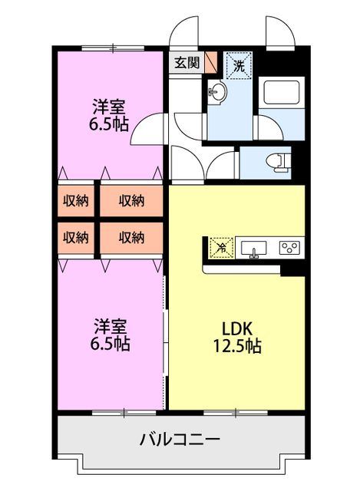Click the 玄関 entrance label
click(185, 63)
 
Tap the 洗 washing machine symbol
click(239, 66)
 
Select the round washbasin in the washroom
click(218, 94)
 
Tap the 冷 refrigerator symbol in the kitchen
click(221, 247)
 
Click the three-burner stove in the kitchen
click(291, 247)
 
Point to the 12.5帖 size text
click(237, 347)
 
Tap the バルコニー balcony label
click(180, 440)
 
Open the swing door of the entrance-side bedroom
click(147, 130)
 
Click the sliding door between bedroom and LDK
click(165, 338)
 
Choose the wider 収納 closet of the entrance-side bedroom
click(132, 201)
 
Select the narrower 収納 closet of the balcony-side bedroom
click(75, 238)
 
